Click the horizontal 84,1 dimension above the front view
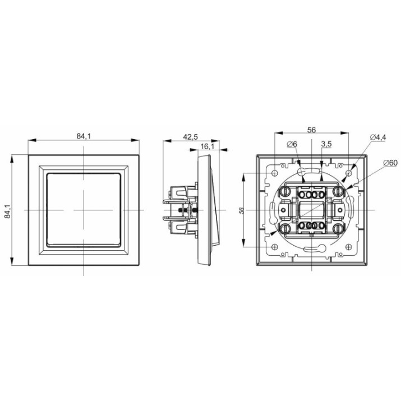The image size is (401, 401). click(84, 136)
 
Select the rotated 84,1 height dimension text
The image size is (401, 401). click(7, 211)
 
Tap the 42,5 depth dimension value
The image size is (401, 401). click(191, 137)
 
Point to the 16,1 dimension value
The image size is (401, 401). click(207, 146)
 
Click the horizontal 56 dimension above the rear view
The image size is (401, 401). click(311, 130)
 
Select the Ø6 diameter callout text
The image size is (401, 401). click(292, 145)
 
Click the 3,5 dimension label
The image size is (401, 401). click(326, 144)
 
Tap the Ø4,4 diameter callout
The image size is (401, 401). click(378, 137)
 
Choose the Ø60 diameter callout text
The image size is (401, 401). click(390, 163)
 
